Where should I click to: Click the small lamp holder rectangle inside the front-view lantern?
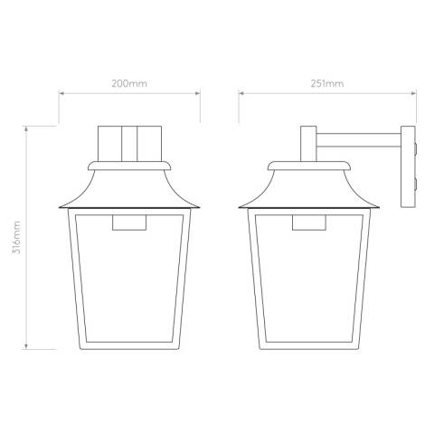(x=128, y=224)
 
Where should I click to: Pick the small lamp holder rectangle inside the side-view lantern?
(x=308, y=224)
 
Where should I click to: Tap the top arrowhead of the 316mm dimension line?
(x=27, y=128)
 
